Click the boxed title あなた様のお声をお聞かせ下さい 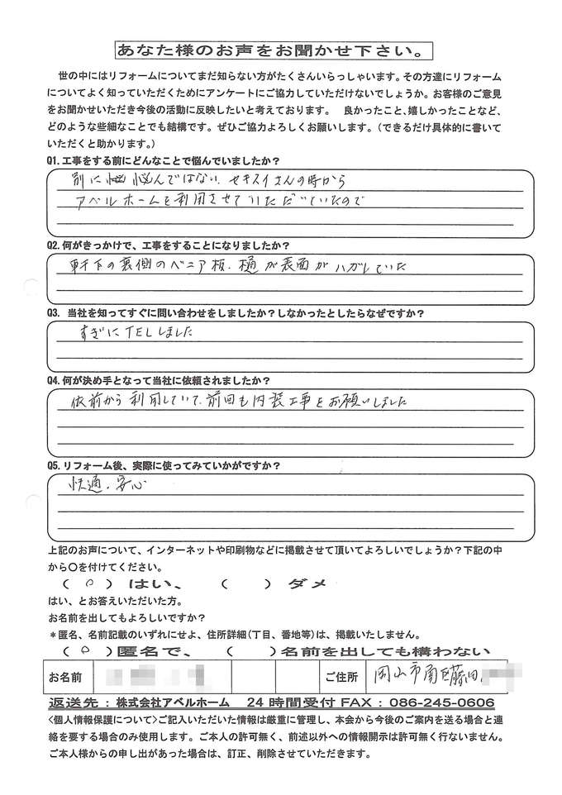(x=273, y=51)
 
